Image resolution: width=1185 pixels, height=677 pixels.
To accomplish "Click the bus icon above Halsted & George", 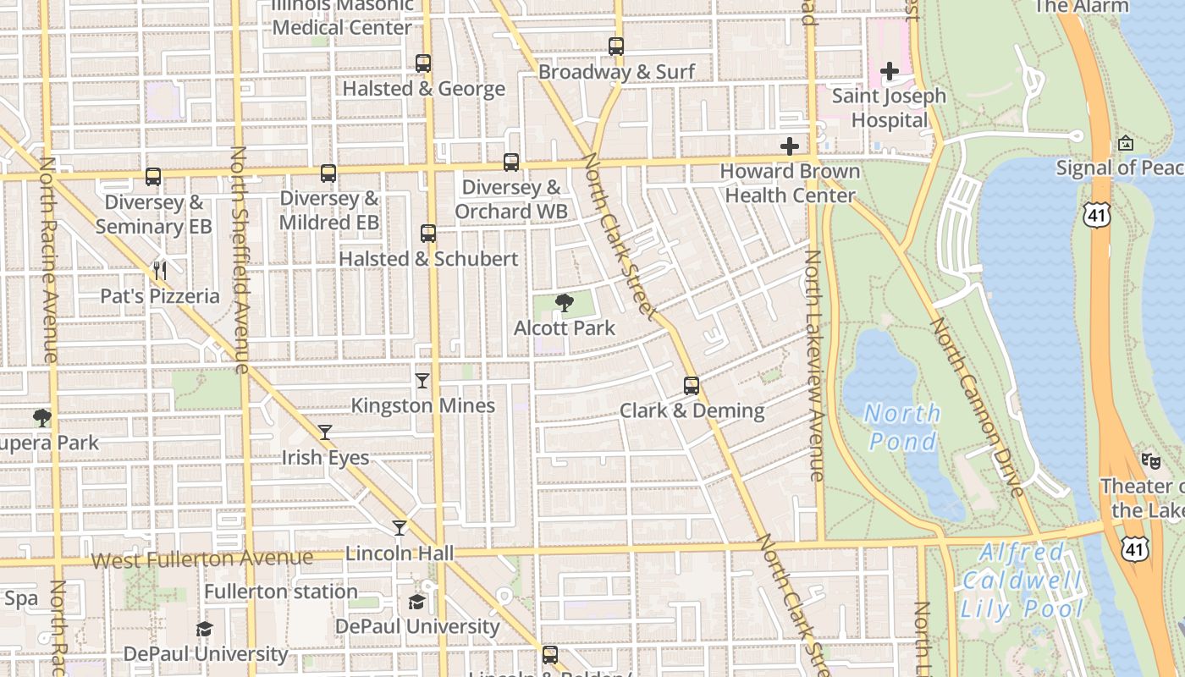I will tap(423, 63).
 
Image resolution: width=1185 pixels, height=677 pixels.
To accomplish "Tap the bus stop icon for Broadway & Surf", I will tap(616, 47).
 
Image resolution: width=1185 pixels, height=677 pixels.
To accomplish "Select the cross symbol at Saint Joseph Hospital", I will tap(889, 72).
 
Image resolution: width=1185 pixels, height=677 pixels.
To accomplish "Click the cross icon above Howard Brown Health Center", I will tap(790, 146).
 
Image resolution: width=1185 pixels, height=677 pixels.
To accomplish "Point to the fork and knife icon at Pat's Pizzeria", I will tap(159, 271).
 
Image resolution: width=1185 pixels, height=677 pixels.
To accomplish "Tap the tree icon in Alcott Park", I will tap(564, 302).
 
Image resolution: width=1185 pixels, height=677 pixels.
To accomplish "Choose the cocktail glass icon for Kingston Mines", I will tap(422, 381).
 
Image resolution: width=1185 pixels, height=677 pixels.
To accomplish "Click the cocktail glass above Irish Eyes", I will tap(325, 432).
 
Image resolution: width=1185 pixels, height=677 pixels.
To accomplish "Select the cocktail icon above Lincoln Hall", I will tap(400, 528).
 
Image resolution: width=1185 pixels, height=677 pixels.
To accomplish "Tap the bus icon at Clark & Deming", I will tap(692, 386).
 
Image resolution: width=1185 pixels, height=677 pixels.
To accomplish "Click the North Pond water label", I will tap(902, 427).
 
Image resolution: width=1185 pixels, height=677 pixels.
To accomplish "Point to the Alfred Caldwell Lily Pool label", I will tap(1022, 581).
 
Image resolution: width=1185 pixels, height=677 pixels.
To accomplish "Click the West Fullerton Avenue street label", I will tap(201, 559).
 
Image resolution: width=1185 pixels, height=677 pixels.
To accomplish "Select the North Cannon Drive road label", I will tap(977, 406).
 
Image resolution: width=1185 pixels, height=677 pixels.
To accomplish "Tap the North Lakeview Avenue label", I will tap(815, 366).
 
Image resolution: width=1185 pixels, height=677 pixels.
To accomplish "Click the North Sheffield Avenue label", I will tap(240, 259).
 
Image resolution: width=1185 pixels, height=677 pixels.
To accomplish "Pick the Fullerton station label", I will tap(281, 591).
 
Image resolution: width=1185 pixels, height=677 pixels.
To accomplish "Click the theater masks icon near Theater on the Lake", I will tap(1149, 461).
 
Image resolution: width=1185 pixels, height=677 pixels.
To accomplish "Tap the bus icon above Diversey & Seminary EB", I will tap(153, 177).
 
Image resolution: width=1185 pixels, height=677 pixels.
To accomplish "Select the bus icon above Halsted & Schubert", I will tap(428, 234).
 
